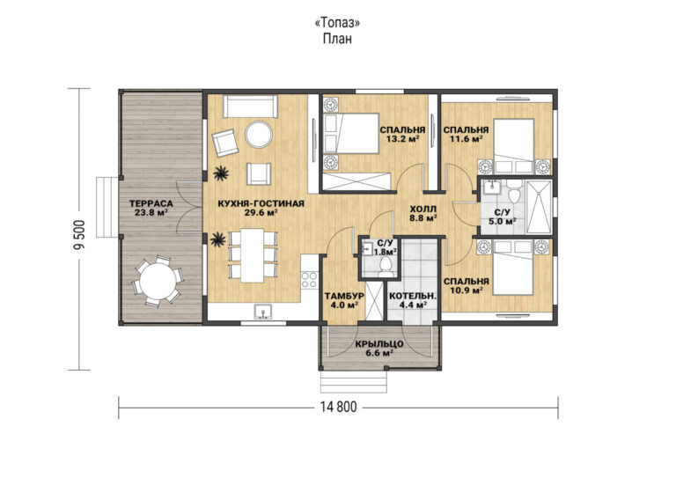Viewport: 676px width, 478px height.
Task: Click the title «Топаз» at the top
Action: pos(338,22)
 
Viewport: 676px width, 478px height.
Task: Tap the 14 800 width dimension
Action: pos(338,407)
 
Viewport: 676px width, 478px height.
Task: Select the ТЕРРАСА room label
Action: pos(151,203)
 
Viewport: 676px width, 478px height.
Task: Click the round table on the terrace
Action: pos(158,281)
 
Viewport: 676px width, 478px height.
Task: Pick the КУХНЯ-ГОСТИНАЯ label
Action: pos(261,203)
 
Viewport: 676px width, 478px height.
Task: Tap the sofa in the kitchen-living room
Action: pos(251,106)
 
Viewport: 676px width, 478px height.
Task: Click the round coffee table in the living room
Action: pos(259,135)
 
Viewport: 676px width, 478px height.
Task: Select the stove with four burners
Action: pos(309,279)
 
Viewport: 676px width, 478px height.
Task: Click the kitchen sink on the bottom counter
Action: pos(262,312)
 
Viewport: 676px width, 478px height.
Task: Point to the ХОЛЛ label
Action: pos(422,209)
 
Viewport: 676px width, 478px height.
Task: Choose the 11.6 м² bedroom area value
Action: pos(465,139)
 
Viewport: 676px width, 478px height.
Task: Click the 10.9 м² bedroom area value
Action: pos(466,290)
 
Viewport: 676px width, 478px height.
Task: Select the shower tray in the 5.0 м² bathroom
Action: pos(539,208)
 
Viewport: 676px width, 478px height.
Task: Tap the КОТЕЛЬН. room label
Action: pos(413,296)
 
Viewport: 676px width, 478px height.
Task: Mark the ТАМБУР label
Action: pos(344,296)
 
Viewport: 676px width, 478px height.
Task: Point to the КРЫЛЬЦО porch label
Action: pos(379,344)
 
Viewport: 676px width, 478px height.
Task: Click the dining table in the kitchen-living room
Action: pos(253,255)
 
